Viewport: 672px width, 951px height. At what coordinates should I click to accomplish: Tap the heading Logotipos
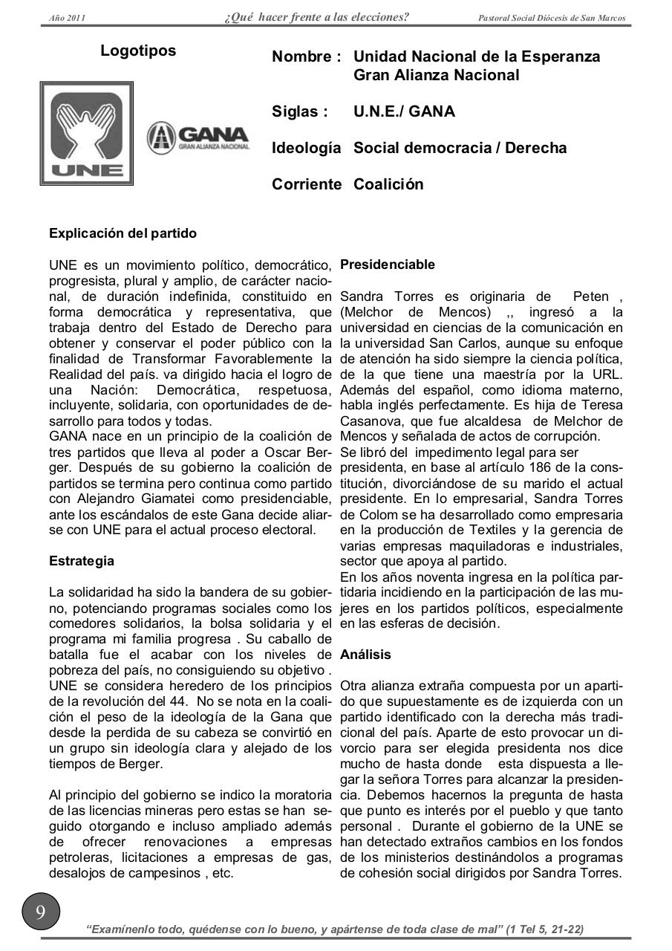(x=138, y=51)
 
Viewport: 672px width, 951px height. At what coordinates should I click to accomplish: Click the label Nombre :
(x=307, y=57)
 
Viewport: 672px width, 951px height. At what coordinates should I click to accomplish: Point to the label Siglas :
(x=300, y=112)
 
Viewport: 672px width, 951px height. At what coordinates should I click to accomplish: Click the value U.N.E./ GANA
(x=405, y=112)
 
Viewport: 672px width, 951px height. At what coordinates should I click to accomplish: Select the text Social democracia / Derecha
(x=460, y=148)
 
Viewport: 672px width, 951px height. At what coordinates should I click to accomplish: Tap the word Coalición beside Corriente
(x=388, y=184)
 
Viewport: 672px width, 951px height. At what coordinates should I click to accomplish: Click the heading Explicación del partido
(x=123, y=233)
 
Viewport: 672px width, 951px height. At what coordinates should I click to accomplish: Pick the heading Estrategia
(x=82, y=561)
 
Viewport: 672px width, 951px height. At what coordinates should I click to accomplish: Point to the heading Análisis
(x=365, y=655)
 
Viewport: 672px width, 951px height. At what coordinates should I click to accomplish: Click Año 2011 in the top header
(x=67, y=18)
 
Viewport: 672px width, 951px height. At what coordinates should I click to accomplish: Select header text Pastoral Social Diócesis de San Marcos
(x=552, y=18)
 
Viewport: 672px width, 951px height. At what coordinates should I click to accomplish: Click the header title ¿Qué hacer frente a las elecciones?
(x=316, y=17)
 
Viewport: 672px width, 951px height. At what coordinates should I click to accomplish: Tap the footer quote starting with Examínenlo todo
(x=335, y=929)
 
